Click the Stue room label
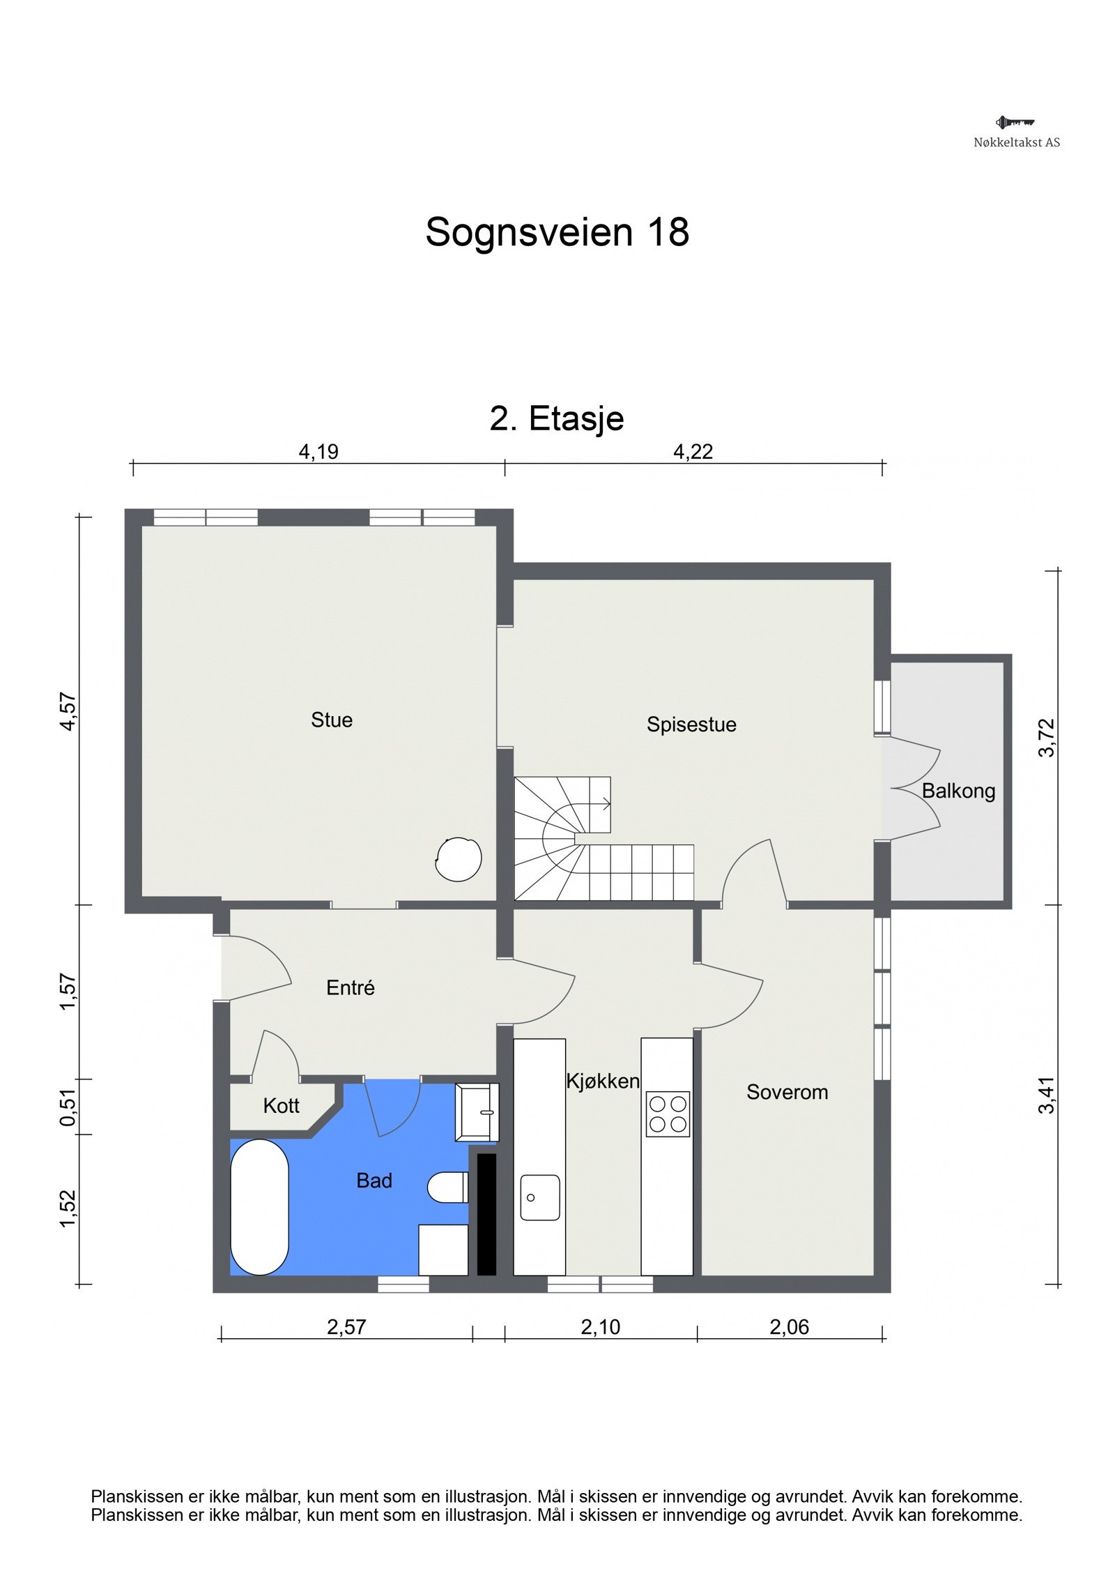pyautogui.click(x=331, y=720)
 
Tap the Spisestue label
pyautogui.click(x=691, y=724)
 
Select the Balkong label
pyautogui.click(x=958, y=791)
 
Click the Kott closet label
pyautogui.click(x=281, y=1105)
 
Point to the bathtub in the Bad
pyautogui.click(x=259, y=1206)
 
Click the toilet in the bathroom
pyautogui.click(x=447, y=1187)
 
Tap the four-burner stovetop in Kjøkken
pyautogui.click(x=667, y=1114)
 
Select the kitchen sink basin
pyautogui.click(x=539, y=1197)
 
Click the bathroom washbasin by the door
pyautogui.click(x=477, y=1112)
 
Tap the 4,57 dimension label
pyautogui.click(x=68, y=711)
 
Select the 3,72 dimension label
pyautogui.click(x=1047, y=737)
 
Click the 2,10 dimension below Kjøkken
pyautogui.click(x=600, y=1327)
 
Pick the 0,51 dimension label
pyautogui.click(x=68, y=1107)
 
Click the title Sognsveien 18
pyautogui.click(x=557, y=232)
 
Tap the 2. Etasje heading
pyautogui.click(x=557, y=418)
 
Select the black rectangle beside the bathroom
pyautogui.click(x=486, y=1214)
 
